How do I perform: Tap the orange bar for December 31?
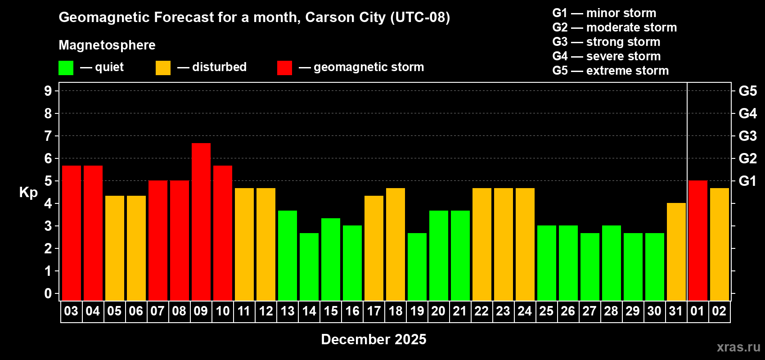676,252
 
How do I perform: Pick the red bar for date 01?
698,240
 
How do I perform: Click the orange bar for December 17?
374,248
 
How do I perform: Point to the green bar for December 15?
331,259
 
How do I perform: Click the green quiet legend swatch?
66,68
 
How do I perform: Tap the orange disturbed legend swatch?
163,68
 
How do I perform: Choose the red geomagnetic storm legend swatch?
284,68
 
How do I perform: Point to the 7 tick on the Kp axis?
48,136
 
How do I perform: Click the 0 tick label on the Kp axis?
48,293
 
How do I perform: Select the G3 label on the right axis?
747,136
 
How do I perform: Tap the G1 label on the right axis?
747,181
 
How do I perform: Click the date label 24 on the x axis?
525,311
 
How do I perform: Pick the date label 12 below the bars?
266,311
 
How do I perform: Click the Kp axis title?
28,192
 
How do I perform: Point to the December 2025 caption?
373,339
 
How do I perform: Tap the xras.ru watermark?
738,347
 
